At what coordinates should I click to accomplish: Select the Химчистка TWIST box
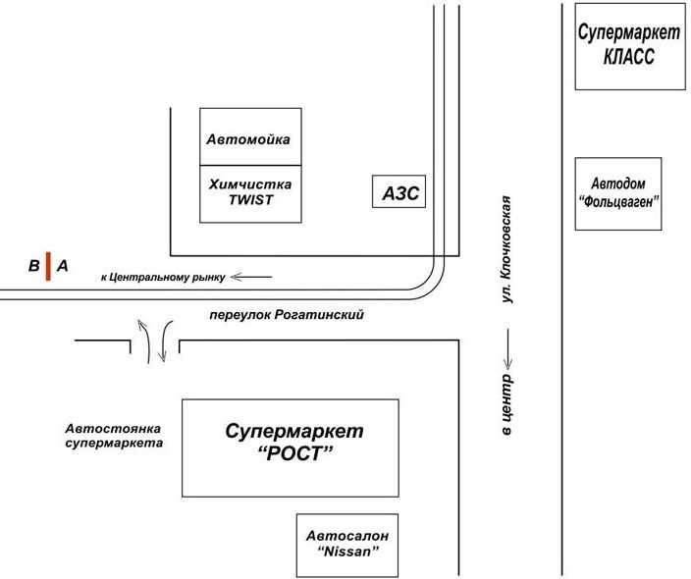249,192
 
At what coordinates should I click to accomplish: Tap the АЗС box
399,193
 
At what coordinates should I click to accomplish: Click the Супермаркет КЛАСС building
628,46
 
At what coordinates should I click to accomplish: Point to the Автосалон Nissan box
346,546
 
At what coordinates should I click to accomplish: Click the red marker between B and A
47,266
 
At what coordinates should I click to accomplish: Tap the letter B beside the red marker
32,266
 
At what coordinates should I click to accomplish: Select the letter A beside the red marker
63,266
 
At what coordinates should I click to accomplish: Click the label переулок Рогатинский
287,315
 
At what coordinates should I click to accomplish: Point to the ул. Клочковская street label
507,249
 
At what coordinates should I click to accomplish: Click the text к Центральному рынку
162,278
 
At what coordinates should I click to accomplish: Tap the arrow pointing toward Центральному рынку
250,278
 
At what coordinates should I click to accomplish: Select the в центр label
507,405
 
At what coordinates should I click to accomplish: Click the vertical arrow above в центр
507,344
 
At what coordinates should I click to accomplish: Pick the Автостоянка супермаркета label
114,436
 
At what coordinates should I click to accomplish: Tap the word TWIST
249,199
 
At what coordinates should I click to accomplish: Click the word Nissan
347,554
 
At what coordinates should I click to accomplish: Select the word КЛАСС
628,57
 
